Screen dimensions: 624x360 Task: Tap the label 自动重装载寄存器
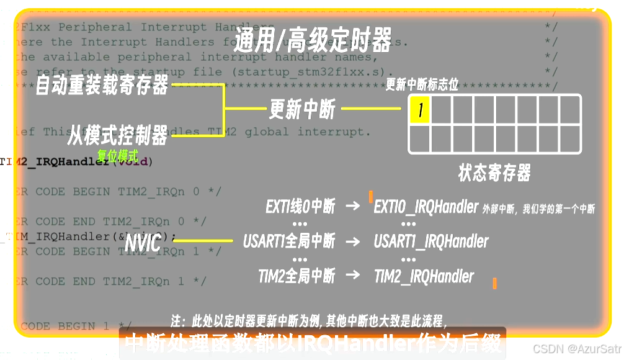point(102,84)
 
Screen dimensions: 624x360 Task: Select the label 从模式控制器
point(117,133)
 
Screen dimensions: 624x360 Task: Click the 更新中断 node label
point(302,109)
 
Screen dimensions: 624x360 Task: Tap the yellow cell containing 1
point(420,110)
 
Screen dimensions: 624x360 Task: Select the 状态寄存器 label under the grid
point(494,172)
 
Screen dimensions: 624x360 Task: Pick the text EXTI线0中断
point(300,207)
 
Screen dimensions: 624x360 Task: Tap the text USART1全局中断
point(289,241)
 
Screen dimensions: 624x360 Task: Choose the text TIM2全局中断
point(296,276)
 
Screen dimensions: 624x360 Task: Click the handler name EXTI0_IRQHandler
point(426,207)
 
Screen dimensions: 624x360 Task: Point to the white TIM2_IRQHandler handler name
point(424,276)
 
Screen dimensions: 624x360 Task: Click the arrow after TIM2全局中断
point(352,276)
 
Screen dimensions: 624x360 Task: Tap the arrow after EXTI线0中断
point(352,207)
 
